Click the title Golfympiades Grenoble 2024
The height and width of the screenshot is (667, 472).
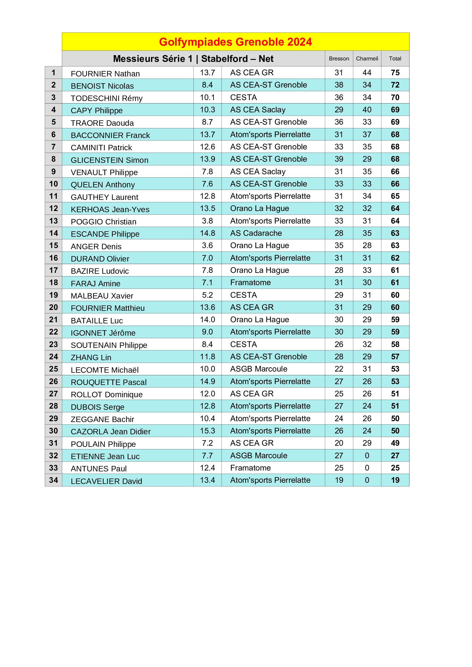pyautogui.click(x=235, y=42)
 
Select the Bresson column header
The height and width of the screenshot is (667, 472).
pyautogui.click(x=339, y=59)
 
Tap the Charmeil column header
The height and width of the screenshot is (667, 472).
pyautogui.click(x=367, y=59)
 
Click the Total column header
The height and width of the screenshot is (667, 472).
pyautogui.click(x=395, y=59)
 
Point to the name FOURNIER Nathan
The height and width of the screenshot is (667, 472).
pyautogui.click(x=105, y=74)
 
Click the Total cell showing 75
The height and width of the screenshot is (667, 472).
pyautogui.click(x=395, y=73)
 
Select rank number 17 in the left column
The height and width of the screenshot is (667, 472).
pyautogui.click(x=53, y=270)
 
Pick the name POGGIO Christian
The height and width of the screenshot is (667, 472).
pyautogui.click(x=104, y=222)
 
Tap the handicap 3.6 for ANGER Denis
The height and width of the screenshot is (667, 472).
pyautogui.click(x=207, y=246)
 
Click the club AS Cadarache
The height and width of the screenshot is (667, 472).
pyautogui.click(x=256, y=233)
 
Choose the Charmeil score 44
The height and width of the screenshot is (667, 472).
pyautogui.click(x=367, y=73)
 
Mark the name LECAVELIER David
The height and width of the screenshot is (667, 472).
pyautogui.click(x=106, y=481)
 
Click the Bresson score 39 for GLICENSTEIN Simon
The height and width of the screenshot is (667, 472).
pyautogui.click(x=339, y=159)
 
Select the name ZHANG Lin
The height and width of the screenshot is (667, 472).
pyautogui.click(x=91, y=358)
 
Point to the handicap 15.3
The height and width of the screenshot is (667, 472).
pyautogui.click(x=207, y=431)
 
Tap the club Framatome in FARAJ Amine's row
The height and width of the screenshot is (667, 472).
pyautogui.click(x=250, y=283)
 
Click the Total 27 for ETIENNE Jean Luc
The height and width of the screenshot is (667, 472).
pyautogui.click(x=395, y=455)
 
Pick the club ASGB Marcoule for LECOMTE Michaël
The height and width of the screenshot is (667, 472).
pyautogui.click(x=259, y=369)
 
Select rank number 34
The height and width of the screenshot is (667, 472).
pyautogui.click(x=53, y=480)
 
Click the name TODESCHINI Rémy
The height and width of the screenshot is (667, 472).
pyautogui.click(x=107, y=98)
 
